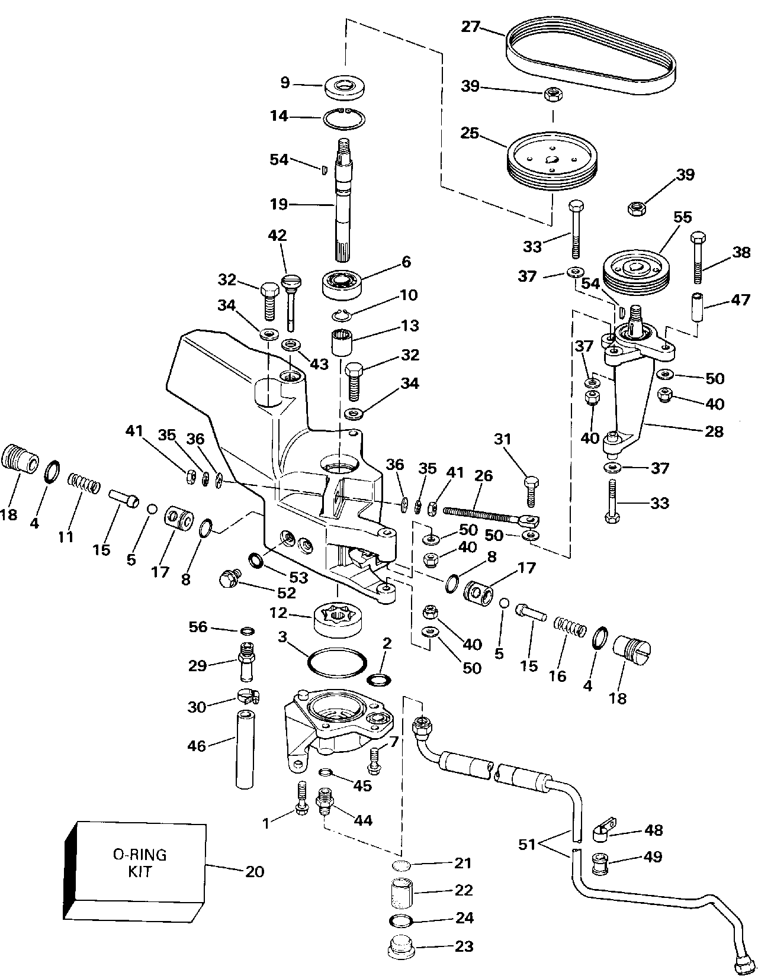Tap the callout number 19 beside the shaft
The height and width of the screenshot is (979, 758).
pyautogui.click(x=279, y=204)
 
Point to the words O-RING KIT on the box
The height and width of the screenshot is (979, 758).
pyautogui.click(x=140, y=862)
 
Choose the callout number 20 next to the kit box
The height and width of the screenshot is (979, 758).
pyautogui.click(x=254, y=871)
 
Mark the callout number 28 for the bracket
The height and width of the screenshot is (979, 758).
pyautogui.click(x=715, y=431)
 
